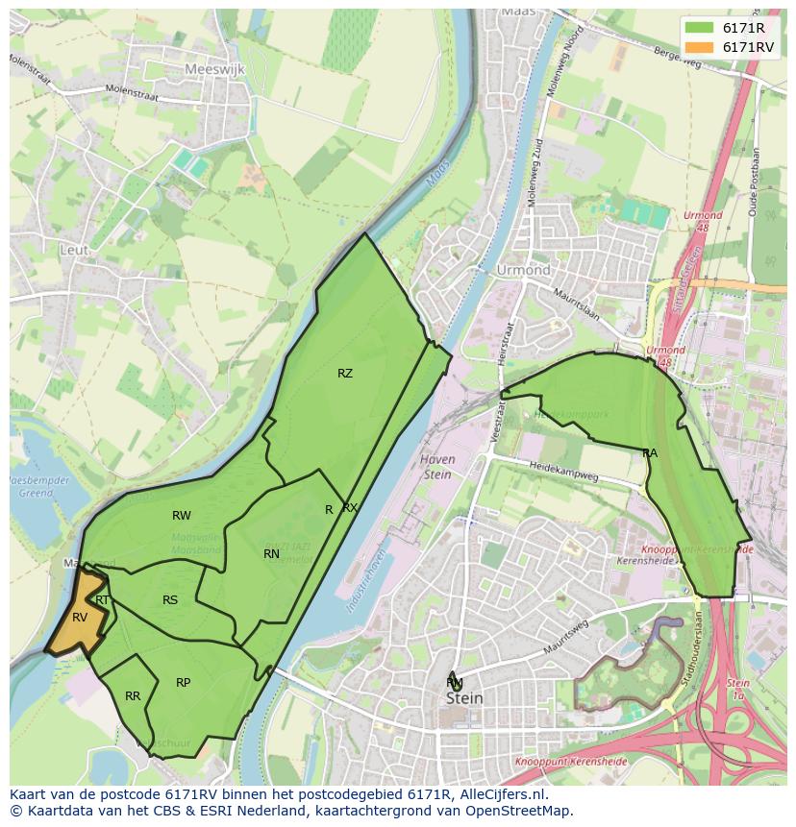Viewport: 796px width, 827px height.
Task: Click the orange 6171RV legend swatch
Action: click(x=699, y=47)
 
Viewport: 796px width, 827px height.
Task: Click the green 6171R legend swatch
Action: click(x=699, y=28)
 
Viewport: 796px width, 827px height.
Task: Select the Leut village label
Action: click(x=74, y=250)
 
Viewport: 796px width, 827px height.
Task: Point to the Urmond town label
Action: click(x=523, y=270)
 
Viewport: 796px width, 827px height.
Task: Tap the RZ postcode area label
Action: click(x=344, y=374)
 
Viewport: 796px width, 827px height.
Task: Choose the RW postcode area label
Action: click(x=181, y=516)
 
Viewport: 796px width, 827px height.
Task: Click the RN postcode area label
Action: click(x=271, y=553)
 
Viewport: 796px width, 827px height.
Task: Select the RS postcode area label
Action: click(x=169, y=600)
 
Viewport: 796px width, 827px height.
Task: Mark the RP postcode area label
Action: click(x=183, y=683)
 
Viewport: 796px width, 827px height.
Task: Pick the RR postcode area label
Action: click(x=133, y=696)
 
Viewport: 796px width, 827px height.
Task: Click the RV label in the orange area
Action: click(x=79, y=617)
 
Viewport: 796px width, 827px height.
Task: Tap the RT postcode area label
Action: click(x=102, y=600)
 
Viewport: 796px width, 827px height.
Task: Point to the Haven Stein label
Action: click(x=437, y=466)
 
